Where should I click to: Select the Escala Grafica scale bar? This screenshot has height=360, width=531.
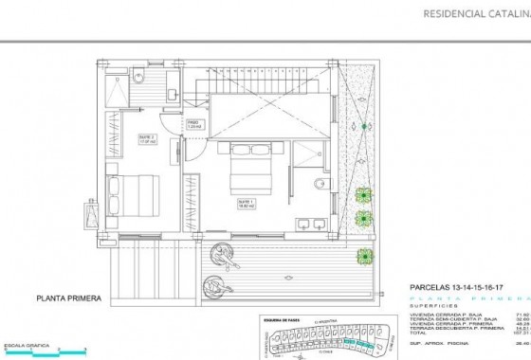coord(43,349)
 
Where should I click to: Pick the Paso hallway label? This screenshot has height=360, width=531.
coord(192,124)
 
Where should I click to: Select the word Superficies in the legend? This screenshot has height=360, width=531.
coord(432,306)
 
